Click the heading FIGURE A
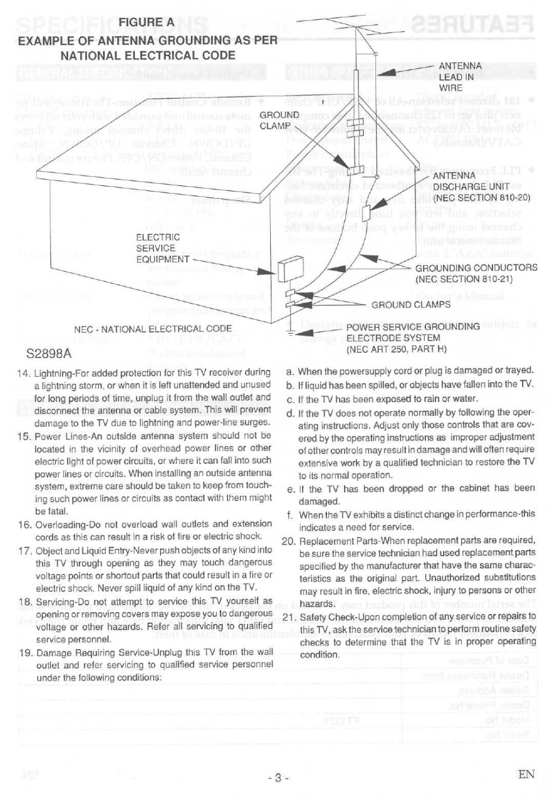pyautogui.click(x=147, y=23)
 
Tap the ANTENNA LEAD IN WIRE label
pyautogui.click(x=460, y=77)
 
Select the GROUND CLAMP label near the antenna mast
pyautogui.click(x=279, y=120)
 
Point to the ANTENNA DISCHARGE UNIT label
pyautogui.click(x=470, y=181)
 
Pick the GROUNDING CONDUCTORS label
pyautogui.click(x=476, y=268)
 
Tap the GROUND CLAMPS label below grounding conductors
pyautogui.click(x=411, y=305)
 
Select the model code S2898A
pyautogui.click(x=49, y=354)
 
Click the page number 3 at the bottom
pyautogui.click(x=278, y=778)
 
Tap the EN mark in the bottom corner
pyautogui.click(x=526, y=774)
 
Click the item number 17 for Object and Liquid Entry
pyautogui.click(x=25, y=551)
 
